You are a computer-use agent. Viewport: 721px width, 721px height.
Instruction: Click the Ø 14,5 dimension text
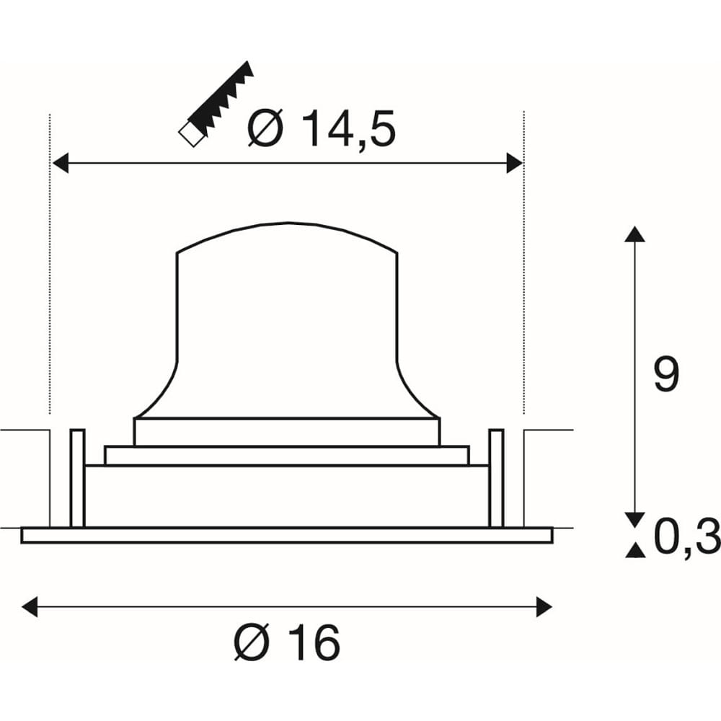point(322,128)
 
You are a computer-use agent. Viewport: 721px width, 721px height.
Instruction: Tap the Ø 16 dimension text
point(288,642)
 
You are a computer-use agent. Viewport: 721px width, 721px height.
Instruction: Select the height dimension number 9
point(665,375)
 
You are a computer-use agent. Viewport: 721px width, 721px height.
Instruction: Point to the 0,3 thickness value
point(687,536)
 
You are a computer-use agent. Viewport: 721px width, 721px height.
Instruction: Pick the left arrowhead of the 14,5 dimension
point(61,163)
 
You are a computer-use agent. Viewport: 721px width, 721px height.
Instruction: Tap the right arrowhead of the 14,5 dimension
point(514,163)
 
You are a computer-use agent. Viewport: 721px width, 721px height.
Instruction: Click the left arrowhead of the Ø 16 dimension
point(30,606)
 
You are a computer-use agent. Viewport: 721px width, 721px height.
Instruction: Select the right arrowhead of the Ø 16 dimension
point(544,606)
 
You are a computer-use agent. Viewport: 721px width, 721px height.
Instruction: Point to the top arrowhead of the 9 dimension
point(635,234)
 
